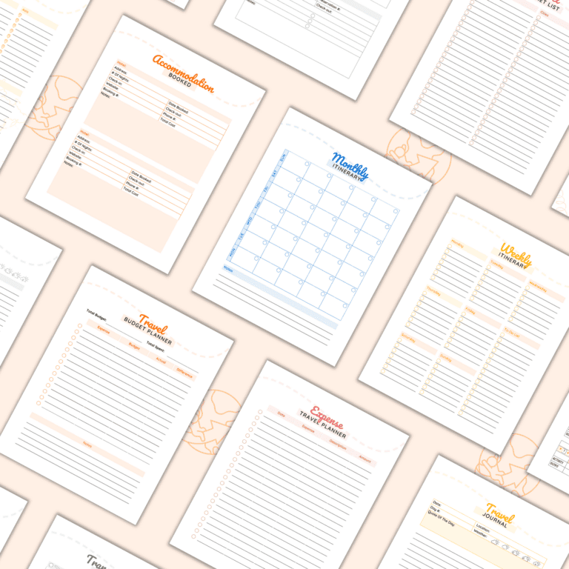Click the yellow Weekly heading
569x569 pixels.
tap(516, 254)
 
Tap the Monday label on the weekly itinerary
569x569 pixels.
tap(457, 244)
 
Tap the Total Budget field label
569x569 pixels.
tap(96, 314)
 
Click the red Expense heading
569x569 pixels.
tap(327, 415)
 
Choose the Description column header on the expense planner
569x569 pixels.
tap(337, 444)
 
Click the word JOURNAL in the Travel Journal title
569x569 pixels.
tap(496, 524)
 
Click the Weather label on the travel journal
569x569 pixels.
tap(484, 535)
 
